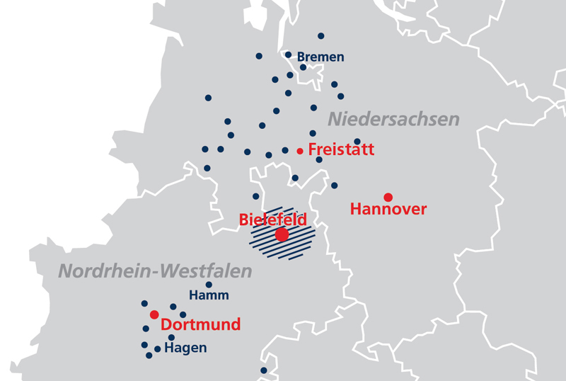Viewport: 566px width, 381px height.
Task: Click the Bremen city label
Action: coord(320,57)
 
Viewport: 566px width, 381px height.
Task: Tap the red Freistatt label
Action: coord(341,150)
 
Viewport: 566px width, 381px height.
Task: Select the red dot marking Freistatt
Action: coord(300,151)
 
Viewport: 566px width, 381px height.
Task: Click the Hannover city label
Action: coord(388,209)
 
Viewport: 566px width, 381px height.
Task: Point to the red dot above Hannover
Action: coord(388,196)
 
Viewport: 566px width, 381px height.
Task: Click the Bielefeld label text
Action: coord(273,220)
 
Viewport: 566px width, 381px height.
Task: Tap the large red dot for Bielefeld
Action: coord(282,234)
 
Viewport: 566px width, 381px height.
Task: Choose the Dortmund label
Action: coord(201,325)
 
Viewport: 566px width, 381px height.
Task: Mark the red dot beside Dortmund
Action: coord(154,314)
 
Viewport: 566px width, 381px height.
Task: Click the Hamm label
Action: coord(209,296)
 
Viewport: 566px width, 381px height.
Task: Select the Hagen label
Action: coord(185,348)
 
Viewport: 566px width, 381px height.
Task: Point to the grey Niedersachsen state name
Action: coord(393,119)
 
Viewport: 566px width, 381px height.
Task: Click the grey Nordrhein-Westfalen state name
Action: coord(155,271)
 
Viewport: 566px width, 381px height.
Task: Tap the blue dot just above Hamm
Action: coord(209,285)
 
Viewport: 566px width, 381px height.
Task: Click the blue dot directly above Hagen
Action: coord(171,337)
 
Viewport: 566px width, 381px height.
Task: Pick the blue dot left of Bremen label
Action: coord(288,55)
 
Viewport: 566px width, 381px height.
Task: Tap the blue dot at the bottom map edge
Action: coord(263,370)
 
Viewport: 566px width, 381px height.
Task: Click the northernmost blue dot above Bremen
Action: coord(321,35)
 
